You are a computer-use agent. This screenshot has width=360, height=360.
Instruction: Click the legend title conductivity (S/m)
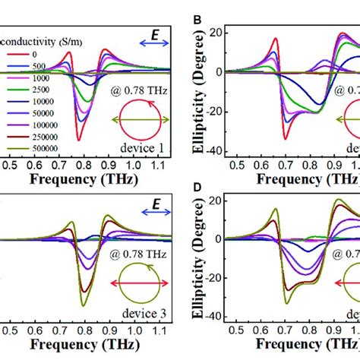click(x=43, y=43)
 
